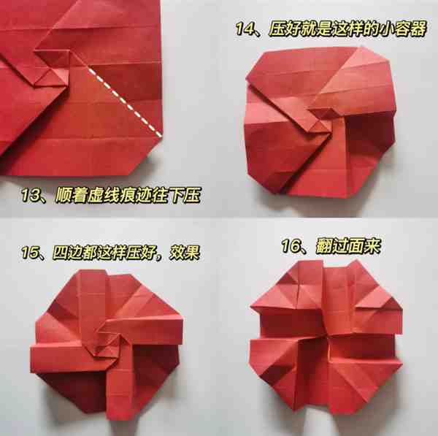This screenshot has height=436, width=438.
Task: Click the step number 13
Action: pyautogui.click(x=31, y=195)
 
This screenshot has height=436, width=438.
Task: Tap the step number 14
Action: pyautogui.click(x=245, y=28)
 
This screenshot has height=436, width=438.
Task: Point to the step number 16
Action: pyautogui.click(x=291, y=246)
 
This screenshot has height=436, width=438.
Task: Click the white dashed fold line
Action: pyautogui.click(x=125, y=102)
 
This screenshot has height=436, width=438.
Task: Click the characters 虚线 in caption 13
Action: pyautogui.click(x=104, y=195)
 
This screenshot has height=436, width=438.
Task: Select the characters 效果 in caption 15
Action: pyautogui.click(x=184, y=253)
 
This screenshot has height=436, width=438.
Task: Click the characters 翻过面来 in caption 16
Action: pyautogui.click(x=348, y=246)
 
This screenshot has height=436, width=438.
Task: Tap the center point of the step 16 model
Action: pyautogui.click(x=326, y=335)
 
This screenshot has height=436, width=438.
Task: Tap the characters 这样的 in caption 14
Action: pyautogui.click(x=356, y=28)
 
